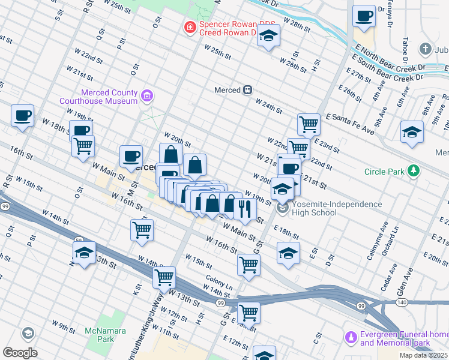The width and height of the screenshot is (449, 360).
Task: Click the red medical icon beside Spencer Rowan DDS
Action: pyautogui.click(x=190, y=27)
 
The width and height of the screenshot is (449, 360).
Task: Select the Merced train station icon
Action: pyautogui.click(x=247, y=90)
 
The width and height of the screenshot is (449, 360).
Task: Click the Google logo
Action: pyautogui.click(x=20, y=352)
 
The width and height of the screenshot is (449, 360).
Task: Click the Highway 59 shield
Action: pyautogui.click(x=78, y=240)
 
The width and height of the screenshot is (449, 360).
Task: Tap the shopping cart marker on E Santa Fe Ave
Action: pyautogui.click(x=309, y=124)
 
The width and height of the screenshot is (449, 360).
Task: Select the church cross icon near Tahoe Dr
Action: pyautogui.click(x=426, y=49)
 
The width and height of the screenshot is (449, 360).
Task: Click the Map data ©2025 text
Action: pyautogui.click(x=423, y=355)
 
